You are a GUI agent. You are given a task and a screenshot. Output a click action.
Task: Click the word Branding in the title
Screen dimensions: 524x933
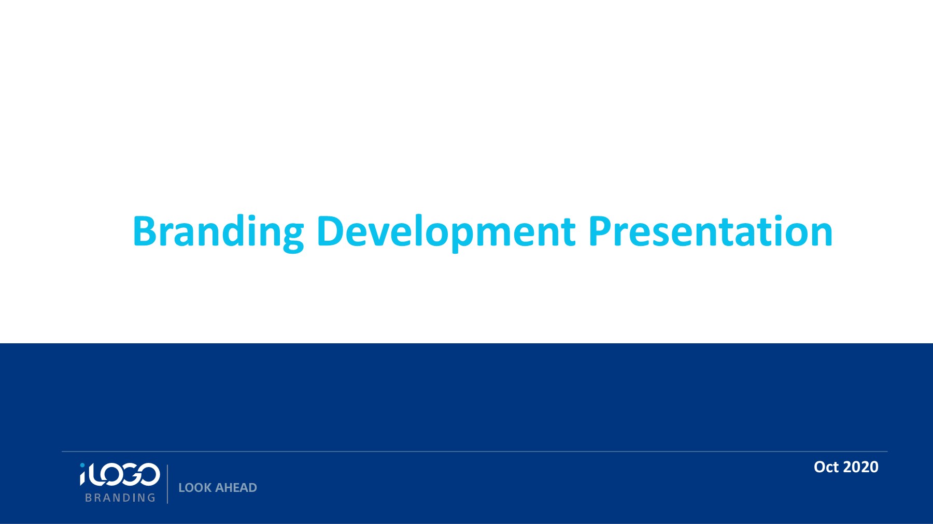click(218, 231)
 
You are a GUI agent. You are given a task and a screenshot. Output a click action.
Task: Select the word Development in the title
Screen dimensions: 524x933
click(446, 231)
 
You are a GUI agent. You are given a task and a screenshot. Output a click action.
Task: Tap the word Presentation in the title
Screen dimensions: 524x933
click(710, 231)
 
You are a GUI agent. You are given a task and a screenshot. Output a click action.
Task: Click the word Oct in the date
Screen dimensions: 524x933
click(826, 467)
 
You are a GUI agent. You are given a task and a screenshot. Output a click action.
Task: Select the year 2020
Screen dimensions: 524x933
click(861, 467)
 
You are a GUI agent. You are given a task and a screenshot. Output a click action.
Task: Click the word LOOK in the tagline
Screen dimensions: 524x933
click(194, 488)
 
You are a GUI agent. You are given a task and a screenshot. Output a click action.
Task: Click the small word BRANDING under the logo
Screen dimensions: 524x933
click(120, 498)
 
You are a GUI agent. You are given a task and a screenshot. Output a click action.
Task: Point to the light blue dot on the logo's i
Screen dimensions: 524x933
click(82, 466)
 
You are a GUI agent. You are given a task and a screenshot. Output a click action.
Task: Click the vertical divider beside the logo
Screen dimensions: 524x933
click(167, 484)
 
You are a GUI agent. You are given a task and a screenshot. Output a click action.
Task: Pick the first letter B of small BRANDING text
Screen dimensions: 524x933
click(89, 498)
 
